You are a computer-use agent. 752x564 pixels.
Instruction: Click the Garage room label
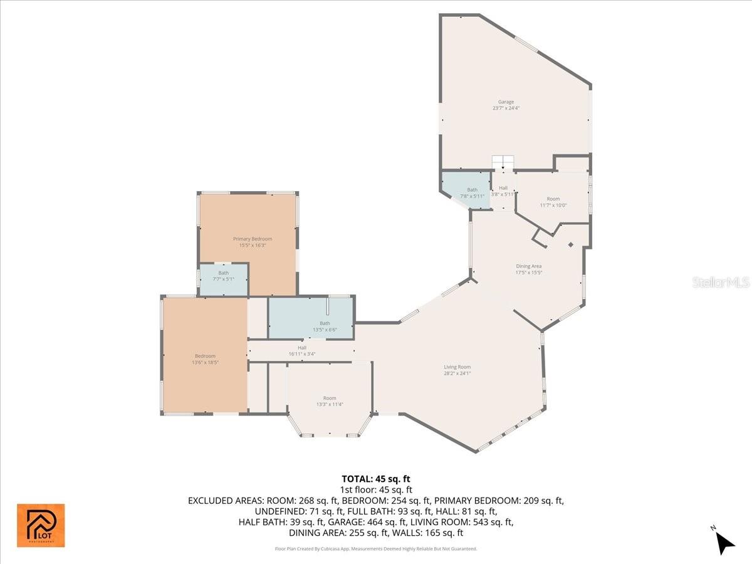[x=506, y=102]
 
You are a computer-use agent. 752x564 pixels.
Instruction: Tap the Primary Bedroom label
[x=253, y=239]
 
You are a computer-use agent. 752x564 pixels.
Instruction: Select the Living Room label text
[x=457, y=367]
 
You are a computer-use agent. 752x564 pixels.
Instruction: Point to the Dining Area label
[x=528, y=266]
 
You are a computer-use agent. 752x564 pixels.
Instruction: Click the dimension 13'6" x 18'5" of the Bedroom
[x=205, y=362]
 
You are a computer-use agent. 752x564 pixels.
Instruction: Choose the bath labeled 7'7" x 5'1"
[x=224, y=276]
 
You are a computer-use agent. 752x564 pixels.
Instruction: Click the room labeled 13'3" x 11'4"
[x=330, y=401]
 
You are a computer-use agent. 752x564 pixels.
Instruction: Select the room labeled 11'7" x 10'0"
[x=553, y=202]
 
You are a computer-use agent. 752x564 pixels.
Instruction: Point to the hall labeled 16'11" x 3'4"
[x=302, y=351]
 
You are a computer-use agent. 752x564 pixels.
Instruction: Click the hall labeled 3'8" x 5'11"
[x=503, y=191]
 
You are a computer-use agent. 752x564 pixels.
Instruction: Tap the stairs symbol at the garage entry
[x=503, y=162]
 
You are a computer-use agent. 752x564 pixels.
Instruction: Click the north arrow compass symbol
[x=724, y=541]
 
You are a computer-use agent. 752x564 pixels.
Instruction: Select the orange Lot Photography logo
[x=41, y=525]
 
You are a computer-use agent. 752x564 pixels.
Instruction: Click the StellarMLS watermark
[x=720, y=283]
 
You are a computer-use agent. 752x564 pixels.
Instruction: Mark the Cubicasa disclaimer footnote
[x=376, y=548]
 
